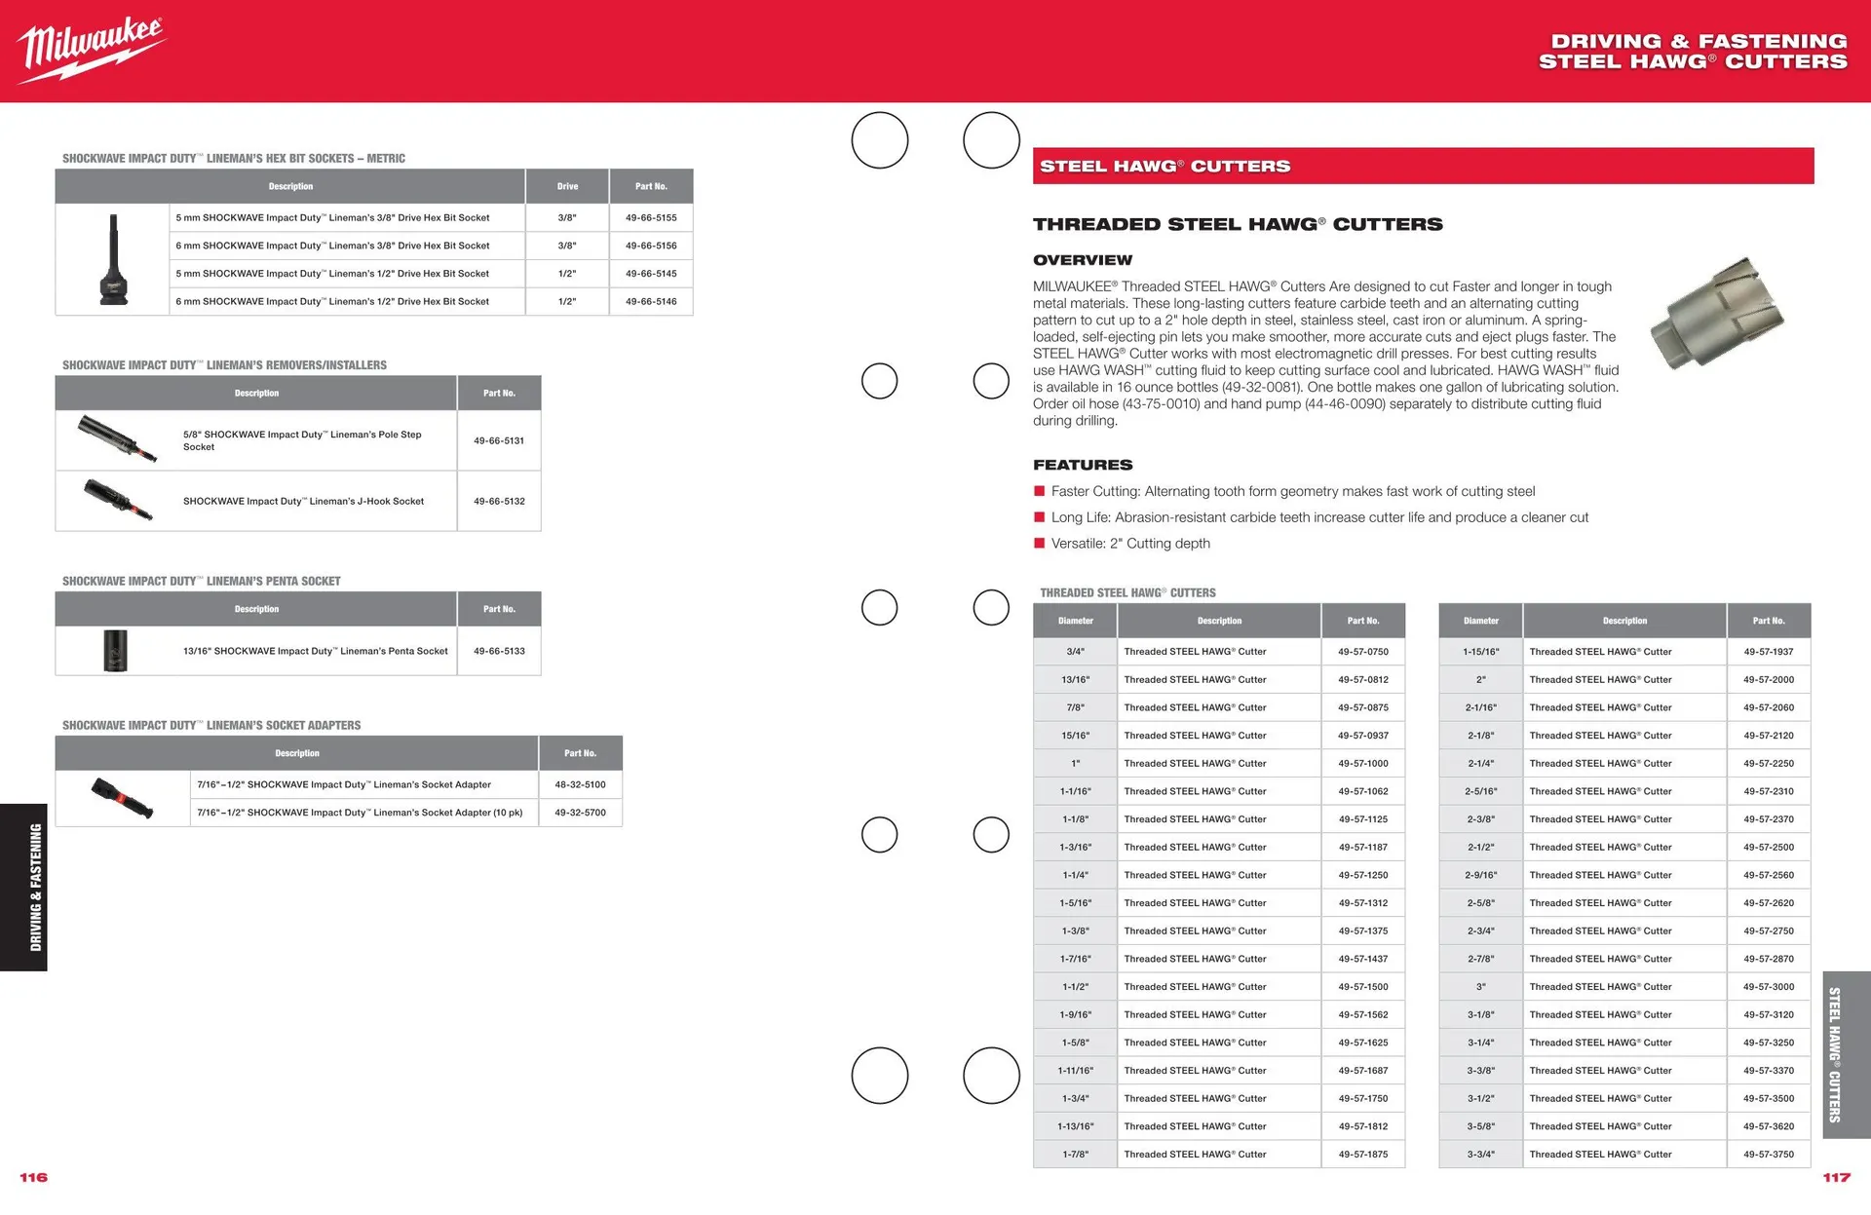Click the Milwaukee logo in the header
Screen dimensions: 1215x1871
[92, 49]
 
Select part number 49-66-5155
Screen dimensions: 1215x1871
[651, 218]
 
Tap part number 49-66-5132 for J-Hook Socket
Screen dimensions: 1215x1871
[499, 502]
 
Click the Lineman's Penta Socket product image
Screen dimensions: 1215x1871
[115, 651]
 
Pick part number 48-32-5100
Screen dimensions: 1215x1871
[580, 785]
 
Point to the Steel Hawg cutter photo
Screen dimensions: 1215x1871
[1717, 314]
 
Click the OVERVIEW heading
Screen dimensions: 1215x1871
[1083, 260]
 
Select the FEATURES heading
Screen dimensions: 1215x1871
[1083, 466]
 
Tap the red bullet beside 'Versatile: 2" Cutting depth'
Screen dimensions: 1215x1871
[1040, 544]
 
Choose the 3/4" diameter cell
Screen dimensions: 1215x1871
[1075, 652]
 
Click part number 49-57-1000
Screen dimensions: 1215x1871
[1363, 764]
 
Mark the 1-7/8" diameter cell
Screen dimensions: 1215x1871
[1075, 1155]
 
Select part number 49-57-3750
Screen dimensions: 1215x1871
[1769, 1155]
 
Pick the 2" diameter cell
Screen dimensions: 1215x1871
[1480, 680]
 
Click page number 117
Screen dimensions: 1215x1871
[1836, 1178]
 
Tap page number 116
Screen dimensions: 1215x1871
[34, 1178]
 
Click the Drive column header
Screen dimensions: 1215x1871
[567, 186]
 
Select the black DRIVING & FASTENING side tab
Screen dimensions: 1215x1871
[23, 887]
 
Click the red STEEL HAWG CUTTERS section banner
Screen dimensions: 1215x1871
[1423, 167]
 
